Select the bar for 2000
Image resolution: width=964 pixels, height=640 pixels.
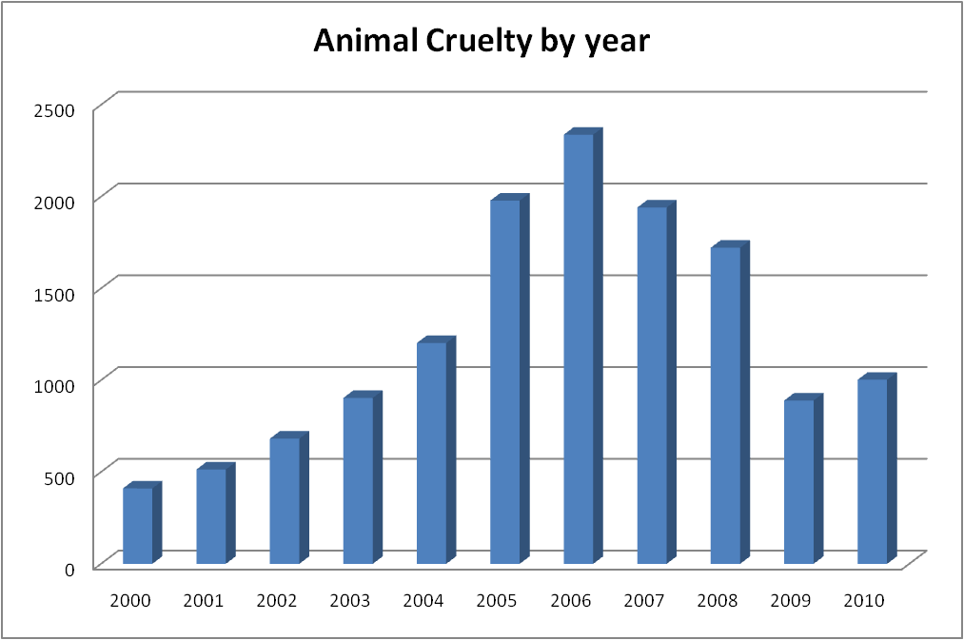coord(138,525)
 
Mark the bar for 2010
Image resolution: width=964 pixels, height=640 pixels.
coord(873,471)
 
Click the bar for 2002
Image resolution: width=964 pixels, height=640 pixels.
coord(285,500)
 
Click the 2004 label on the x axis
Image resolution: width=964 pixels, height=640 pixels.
coord(423,601)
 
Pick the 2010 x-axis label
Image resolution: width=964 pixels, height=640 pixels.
coord(864,601)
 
